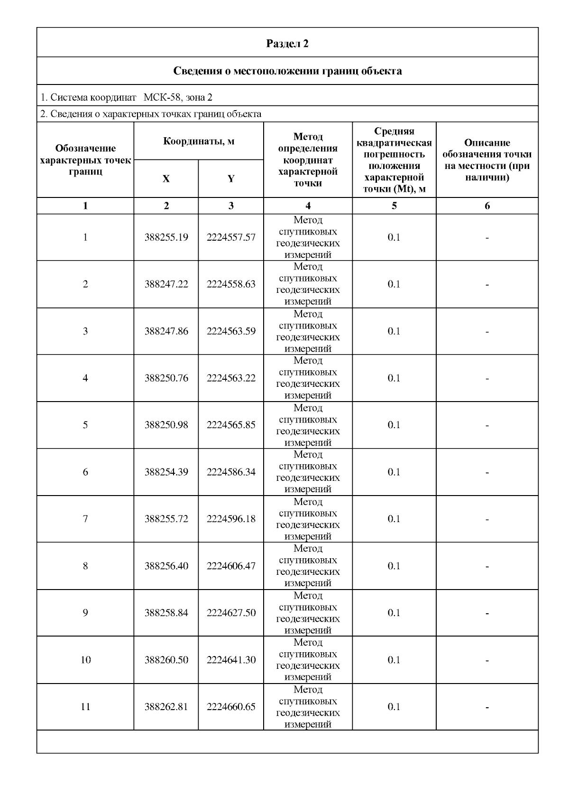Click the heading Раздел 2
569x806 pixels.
tap(287, 44)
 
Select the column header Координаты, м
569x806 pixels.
tap(199, 141)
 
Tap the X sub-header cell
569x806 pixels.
tap(166, 179)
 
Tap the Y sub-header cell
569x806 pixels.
tap(231, 179)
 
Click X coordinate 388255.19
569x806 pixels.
tap(166, 237)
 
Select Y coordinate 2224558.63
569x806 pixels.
tap(231, 284)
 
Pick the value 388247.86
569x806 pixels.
tap(166, 331)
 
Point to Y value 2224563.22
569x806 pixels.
tap(231, 378)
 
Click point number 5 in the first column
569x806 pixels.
tap(85, 425)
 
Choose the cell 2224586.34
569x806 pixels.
tap(231, 472)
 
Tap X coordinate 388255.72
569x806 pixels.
tap(166, 519)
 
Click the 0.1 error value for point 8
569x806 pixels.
tap(394, 566)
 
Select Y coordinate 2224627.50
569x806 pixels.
tap(231, 613)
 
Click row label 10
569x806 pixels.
tap(85, 660)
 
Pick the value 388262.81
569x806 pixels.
tap(166, 707)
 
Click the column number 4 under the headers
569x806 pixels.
tap(308, 206)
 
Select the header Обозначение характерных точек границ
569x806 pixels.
tap(85, 160)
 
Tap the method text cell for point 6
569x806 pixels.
tap(308, 472)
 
